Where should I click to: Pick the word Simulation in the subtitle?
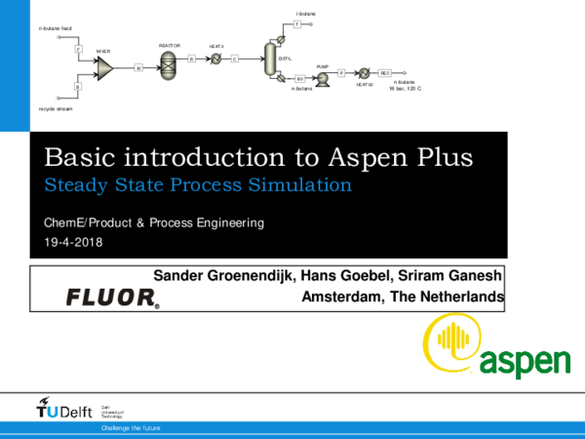(303, 183)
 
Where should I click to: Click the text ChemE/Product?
(85, 223)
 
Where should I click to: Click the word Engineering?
(230, 223)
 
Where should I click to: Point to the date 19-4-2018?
(74, 243)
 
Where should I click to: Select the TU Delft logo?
(59, 408)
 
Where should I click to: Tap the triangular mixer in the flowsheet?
(104, 66)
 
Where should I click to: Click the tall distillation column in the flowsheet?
(270, 59)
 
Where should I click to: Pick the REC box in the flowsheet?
(385, 73)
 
